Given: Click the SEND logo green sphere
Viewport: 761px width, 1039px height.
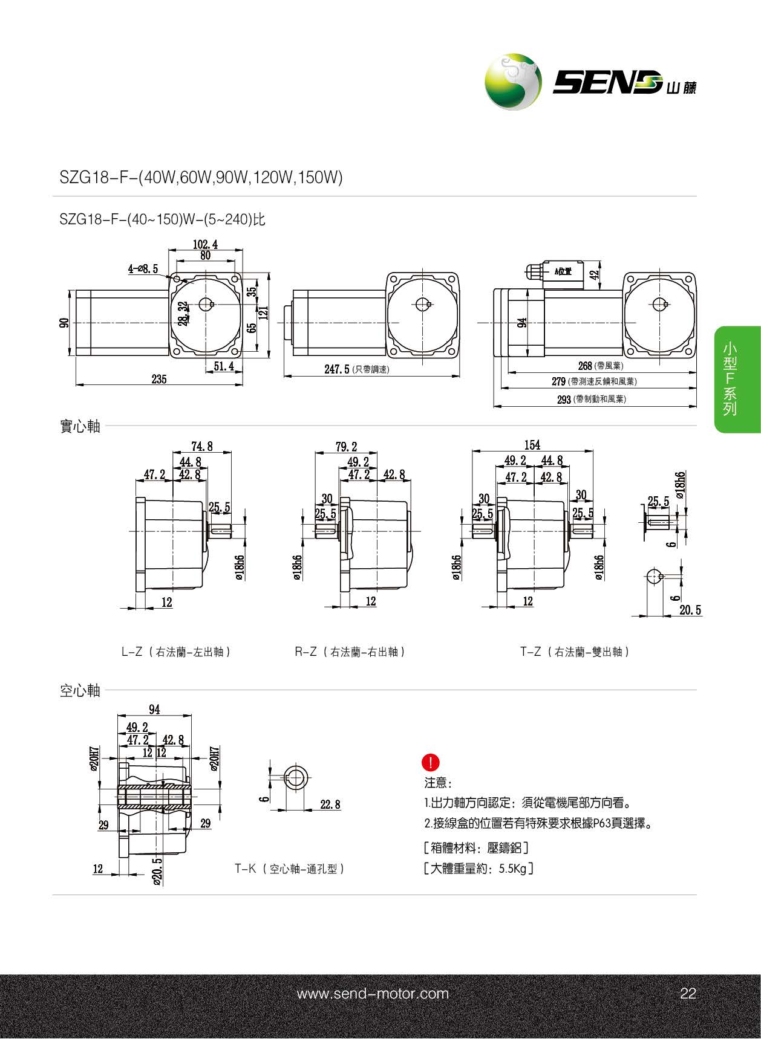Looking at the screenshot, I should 512,82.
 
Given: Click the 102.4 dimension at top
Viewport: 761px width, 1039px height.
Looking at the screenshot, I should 205,244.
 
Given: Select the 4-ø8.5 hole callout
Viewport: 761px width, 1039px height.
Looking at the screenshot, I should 143,269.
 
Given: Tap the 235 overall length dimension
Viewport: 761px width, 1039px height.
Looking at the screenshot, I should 159,379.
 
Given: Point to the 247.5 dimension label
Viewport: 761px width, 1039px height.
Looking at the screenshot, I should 337,369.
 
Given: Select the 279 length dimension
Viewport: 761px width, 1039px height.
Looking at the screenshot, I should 558,381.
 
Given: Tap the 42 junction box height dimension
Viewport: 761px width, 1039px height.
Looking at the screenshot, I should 594,273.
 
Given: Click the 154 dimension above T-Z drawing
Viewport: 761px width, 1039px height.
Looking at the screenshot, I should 532,445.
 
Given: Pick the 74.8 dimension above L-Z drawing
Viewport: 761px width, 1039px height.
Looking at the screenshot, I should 201,446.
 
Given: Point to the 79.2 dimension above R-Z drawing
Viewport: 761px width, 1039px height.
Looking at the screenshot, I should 346,447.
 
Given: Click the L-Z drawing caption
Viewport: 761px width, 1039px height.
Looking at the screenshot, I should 177,652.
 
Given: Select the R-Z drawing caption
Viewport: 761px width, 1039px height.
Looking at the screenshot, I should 350,652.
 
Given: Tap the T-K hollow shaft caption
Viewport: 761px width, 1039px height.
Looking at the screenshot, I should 290,869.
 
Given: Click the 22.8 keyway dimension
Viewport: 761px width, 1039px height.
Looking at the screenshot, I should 330,804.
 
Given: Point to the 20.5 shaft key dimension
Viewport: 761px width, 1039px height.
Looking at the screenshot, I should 690,610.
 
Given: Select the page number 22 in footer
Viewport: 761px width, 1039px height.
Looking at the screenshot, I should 688,993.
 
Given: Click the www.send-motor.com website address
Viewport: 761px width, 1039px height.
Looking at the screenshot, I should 373,993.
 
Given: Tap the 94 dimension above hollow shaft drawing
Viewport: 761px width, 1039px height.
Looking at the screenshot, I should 154,710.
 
